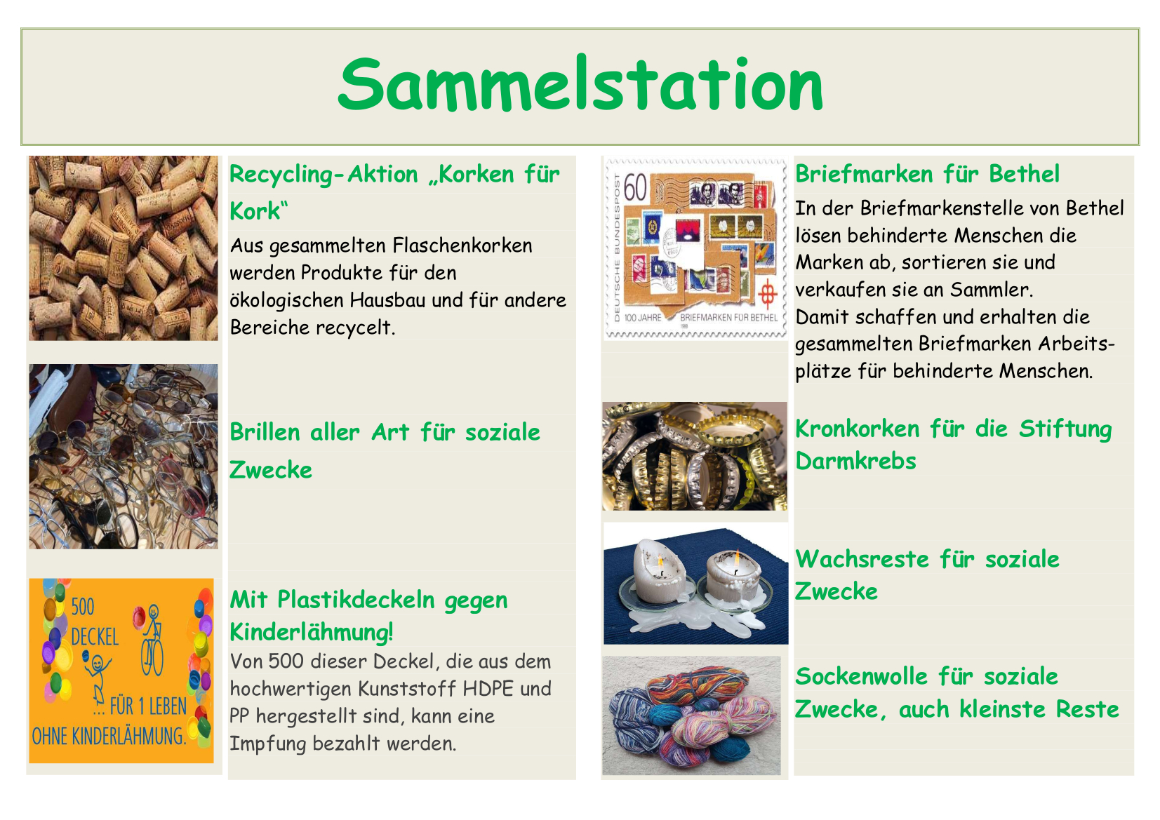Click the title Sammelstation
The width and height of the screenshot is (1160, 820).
pos(580,84)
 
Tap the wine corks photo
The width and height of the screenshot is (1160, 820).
pos(124,248)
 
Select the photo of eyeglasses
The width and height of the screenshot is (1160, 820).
pos(124,456)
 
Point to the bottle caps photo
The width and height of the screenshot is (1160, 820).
pos(695,456)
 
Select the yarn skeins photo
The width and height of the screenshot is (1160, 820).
pos(691,715)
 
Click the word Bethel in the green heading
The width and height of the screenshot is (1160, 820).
pos(1024,174)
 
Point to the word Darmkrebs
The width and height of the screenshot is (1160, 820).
pos(855,461)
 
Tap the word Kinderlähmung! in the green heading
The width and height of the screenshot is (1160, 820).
pos(312,632)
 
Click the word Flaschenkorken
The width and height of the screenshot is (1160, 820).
pos(462,246)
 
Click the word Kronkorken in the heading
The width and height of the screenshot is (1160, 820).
pos(858,429)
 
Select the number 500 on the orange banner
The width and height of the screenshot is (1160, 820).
pos(83,607)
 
